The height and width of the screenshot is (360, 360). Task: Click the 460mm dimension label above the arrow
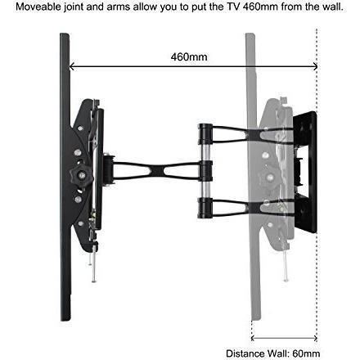coord(189,57)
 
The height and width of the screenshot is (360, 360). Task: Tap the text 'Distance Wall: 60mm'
coord(273,353)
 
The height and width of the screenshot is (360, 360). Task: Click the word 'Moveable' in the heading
coord(38,7)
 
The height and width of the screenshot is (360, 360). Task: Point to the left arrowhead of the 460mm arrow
coord(72,66)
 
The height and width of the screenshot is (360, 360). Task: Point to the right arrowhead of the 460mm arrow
coord(315,66)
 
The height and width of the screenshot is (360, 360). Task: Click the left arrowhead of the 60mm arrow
coord(253,339)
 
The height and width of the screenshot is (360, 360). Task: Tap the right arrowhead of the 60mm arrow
coord(315,339)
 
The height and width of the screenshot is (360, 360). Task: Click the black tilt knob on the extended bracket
coord(81,175)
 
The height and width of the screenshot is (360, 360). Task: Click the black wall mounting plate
coord(305,172)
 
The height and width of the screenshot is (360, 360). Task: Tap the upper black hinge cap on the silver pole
coord(205,134)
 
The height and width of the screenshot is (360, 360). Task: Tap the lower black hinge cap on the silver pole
coord(205,208)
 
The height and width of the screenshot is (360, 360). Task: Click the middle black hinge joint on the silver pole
coord(205,171)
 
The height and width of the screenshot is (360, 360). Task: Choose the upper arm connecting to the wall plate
coord(253,134)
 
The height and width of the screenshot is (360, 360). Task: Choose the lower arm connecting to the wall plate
coord(253,208)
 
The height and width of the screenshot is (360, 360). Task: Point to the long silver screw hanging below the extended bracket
coord(94,263)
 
